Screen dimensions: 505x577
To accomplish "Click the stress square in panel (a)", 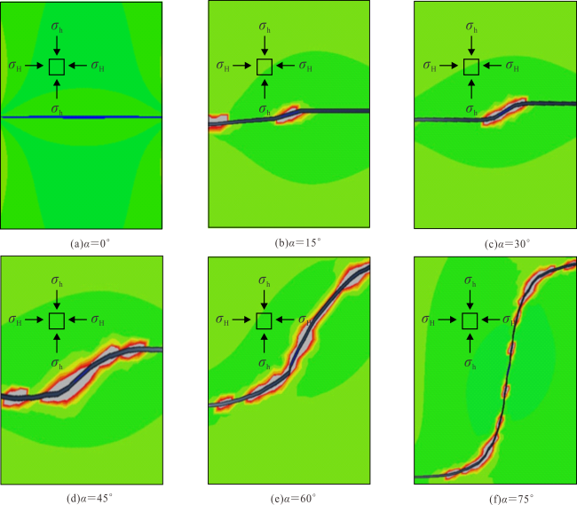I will tap(56, 67).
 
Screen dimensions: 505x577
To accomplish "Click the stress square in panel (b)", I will tap(264, 67).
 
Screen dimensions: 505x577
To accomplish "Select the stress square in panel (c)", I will tap(470, 67).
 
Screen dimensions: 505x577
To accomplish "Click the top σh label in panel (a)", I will tap(58, 27).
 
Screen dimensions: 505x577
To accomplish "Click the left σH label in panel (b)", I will tap(225, 66).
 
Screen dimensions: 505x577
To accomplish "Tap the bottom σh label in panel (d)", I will tap(58, 362).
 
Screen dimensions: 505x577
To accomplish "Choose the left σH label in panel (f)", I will tap(431, 320).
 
